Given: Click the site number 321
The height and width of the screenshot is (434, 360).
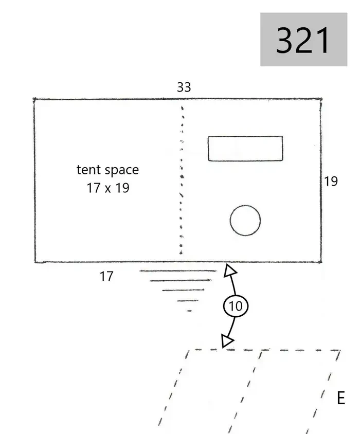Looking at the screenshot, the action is [x=303, y=40].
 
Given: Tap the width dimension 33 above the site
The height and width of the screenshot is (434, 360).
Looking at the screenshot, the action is [x=184, y=87].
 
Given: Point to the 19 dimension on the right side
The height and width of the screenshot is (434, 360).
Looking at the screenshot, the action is [x=331, y=182].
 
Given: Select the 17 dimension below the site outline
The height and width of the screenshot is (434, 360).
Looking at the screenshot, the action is [x=106, y=276].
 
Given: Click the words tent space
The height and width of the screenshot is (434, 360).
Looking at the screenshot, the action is [x=107, y=170].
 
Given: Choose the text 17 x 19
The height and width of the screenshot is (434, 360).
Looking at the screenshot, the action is [x=108, y=188].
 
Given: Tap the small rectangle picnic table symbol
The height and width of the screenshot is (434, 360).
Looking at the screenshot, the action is [x=245, y=149].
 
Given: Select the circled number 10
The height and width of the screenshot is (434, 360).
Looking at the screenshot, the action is [x=236, y=306].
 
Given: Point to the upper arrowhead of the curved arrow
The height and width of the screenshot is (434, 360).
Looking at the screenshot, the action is [x=229, y=270].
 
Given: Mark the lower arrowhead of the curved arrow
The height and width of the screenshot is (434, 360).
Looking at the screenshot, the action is [x=227, y=340].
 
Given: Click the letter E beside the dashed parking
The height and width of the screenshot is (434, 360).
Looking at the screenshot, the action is [x=341, y=398].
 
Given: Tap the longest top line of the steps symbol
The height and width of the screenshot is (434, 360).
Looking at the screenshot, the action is [x=178, y=270].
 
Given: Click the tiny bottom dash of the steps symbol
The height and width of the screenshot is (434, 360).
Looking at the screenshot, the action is [x=189, y=311].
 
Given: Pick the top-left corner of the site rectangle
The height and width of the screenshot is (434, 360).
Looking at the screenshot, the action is [x=34, y=99].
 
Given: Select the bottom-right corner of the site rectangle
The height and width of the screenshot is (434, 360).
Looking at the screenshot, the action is [x=321, y=262].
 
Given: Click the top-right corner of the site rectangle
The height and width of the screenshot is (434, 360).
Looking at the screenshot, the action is [x=321, y=99].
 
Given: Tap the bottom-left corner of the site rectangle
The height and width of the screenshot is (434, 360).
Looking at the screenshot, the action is [x=35, y=262].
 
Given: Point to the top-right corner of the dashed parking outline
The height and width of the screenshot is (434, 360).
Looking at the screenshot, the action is [x=340, y=350].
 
